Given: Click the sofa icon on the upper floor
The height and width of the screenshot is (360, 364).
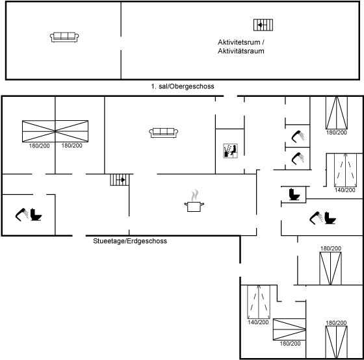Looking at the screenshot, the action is click(64, 37).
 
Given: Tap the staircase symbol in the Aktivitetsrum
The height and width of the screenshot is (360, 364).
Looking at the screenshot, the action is click(263, 25).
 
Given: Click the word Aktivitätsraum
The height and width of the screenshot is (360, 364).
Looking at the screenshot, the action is click(241, 51).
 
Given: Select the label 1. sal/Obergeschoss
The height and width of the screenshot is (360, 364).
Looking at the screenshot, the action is click(183, 86).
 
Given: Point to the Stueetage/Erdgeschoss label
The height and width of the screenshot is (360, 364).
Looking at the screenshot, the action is click(130, 241).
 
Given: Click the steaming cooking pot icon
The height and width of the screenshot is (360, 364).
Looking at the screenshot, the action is click(194, 201).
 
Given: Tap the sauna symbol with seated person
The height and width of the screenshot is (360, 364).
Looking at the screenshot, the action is click(230, 151).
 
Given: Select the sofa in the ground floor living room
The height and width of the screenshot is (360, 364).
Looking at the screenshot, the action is click(163, 133).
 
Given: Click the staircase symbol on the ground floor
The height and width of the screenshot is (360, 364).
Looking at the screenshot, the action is click(120, 180).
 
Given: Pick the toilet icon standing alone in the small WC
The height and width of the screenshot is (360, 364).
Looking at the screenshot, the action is click(294, 194).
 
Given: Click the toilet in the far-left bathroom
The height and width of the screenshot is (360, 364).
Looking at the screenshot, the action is click(36, 214).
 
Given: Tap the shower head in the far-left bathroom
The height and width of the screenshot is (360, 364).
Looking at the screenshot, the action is click(22, 214).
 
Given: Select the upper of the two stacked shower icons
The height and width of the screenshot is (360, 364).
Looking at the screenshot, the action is click(298, 136).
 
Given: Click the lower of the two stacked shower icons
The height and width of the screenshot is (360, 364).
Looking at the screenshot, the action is click(298, 159).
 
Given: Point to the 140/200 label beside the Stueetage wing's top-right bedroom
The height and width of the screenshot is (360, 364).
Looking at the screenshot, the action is click(344, 190).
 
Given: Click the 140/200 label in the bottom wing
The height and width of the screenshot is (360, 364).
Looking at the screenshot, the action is click(258, 322).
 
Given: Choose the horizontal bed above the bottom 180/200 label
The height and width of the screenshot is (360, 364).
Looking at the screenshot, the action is click(289, 329).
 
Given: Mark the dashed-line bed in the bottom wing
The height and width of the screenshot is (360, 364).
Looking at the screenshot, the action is click(259, 302).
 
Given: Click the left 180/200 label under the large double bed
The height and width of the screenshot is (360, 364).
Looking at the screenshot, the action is click(39, 146).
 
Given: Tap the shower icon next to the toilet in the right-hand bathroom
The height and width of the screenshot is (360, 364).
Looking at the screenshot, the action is click(316, 218).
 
